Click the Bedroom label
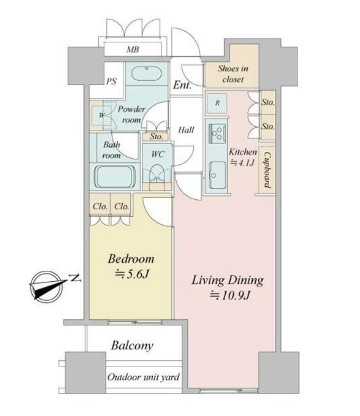point(131,259)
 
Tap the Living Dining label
point(227,281)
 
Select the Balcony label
point(132,346)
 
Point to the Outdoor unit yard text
point(143,377)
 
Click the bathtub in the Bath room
point(115,177)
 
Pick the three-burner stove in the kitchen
point(218,133)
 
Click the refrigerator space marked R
point(217,103)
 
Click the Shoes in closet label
point(233,74)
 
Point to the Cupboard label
point(267,170)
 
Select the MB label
point(133,49)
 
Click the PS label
point(111,81)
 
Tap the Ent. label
point(182,85)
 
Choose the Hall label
point(186,130)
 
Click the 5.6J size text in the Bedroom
point(131,274)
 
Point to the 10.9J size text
point(230,295)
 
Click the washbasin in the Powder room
point(146,72)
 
